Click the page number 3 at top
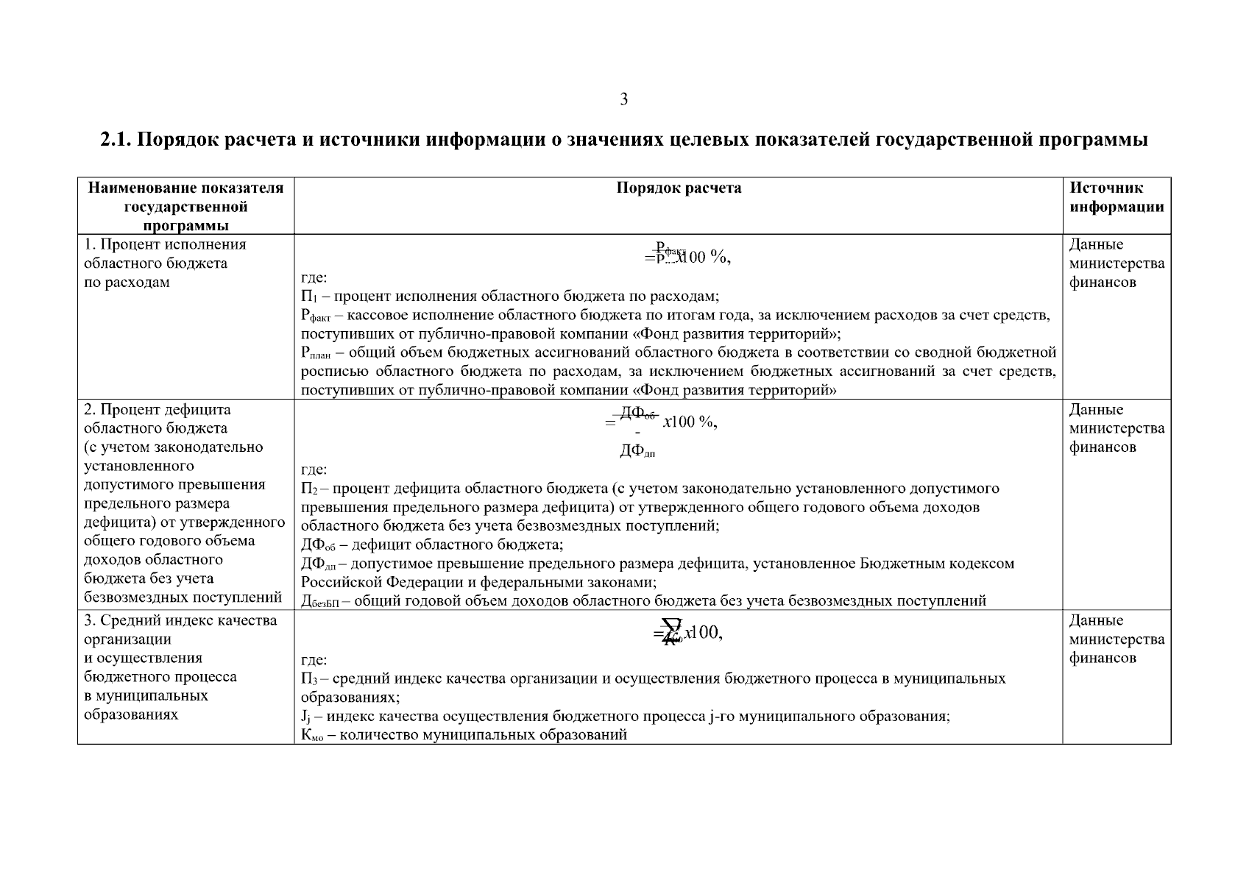[x=623, y=99]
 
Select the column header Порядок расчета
[x=678, y=188]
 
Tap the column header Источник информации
[x=1116, y=197]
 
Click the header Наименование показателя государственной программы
[x=185, y=206]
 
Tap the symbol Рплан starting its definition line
[x=316, y=353]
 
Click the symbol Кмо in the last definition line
[x=312, y=735]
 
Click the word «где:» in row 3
[x=314, y=660]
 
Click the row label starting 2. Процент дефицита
[x=157, y=410]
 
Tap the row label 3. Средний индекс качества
[x=180, y=620]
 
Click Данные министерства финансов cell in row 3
[x=1116, y=639]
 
